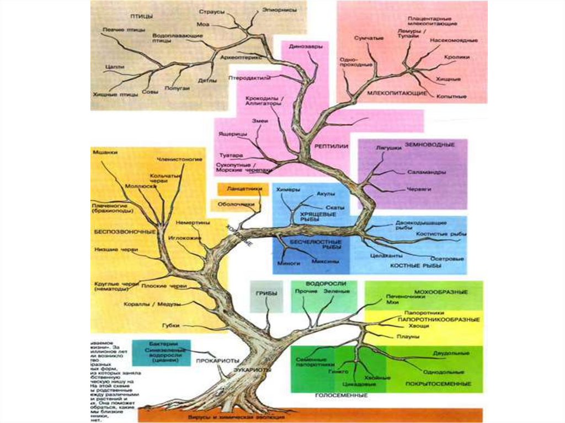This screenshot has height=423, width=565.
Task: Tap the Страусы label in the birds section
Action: tap(209, 11)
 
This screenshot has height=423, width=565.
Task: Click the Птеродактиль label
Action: tap(248, 78)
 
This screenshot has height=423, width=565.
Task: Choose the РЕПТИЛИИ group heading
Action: tap(331, 147)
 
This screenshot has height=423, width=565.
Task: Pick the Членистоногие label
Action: tap(179, 159)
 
